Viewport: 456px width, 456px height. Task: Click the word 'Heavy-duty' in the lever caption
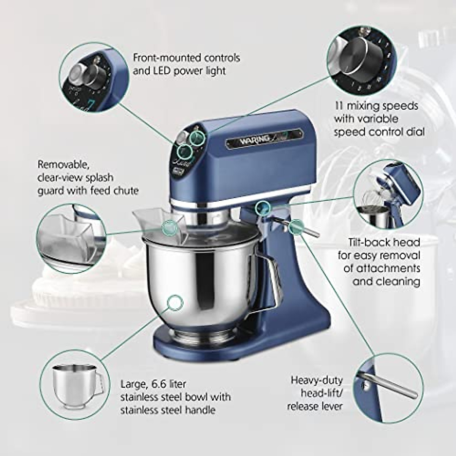click(317, 380)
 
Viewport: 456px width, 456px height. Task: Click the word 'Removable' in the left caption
click(63, 165)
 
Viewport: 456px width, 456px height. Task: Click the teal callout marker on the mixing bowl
click(175, 303)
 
